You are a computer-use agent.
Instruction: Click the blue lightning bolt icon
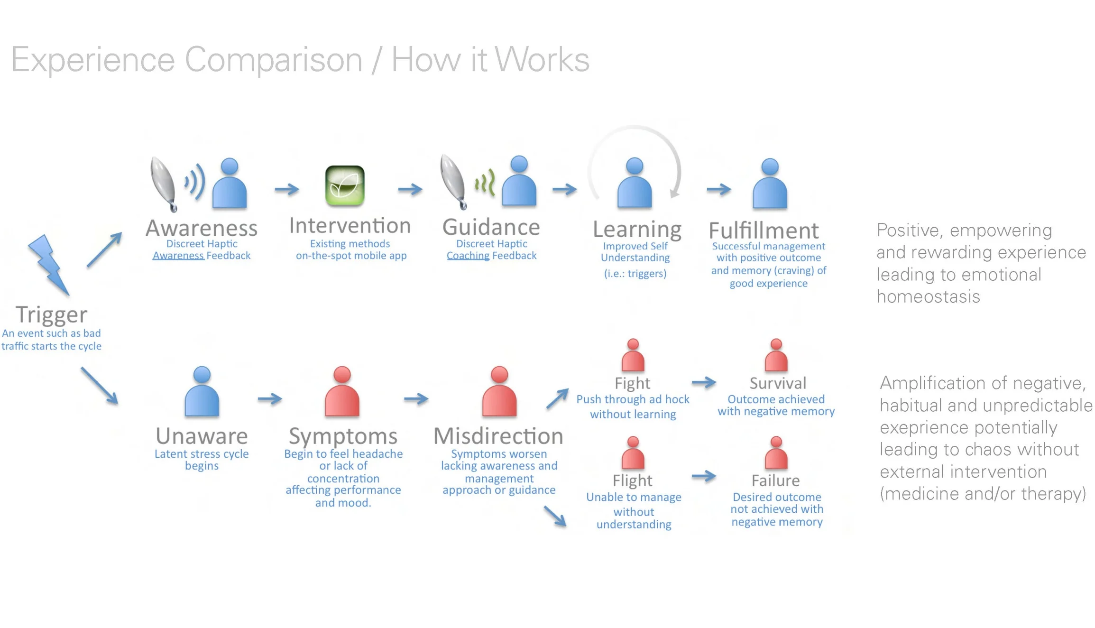[x=49, y=264]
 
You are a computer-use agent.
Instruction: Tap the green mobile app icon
[x=345, y=185]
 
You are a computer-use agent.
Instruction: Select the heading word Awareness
[x=202, y=228]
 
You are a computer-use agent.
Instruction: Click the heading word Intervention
[x=350, y=226]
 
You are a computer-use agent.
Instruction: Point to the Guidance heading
[x=491, y=227]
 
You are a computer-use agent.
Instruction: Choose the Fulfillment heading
[x=764, y=231]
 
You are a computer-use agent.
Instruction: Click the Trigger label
[x=51, y=314]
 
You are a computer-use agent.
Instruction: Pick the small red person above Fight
[x=633, y=355]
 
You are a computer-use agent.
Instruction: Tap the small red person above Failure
[x=776, y=453]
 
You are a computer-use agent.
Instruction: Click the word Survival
[x=778, y=383]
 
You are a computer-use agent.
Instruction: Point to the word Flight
[x=633, y=481]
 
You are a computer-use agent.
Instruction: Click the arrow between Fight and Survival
[x=704, y=382]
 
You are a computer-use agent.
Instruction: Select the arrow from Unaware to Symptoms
[x=270, y=399]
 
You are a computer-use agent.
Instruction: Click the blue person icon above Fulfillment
[x=770, y=184]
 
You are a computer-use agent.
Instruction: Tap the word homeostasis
[x=928, y=297]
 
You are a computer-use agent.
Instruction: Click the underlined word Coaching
[x=468, y=256]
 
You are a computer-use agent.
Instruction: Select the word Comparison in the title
[x=274, y=60]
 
